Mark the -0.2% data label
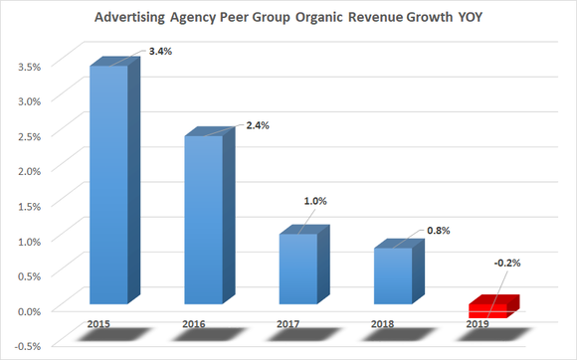[506, 264]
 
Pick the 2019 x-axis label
[479, 324]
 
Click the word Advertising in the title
[134, 19]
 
